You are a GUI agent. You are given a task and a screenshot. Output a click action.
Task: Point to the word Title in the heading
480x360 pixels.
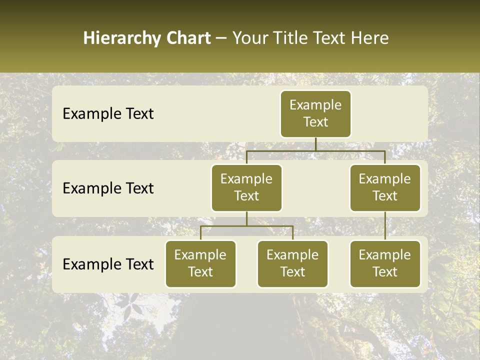coord(289,38)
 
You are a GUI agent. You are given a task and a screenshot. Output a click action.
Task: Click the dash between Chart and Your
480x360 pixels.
coord(221,39)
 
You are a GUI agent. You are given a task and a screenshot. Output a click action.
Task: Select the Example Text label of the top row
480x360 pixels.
coord(108,114)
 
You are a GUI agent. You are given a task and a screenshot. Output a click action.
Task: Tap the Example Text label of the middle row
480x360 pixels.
coord(108,188)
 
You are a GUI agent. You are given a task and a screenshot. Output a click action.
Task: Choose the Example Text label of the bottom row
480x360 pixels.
coord(108,264)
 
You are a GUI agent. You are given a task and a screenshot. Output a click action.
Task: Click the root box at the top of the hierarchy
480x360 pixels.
coord(315,113)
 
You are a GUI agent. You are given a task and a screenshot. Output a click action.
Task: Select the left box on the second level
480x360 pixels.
coord(246,188)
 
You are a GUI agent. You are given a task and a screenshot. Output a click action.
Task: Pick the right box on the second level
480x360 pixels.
coord(385,188)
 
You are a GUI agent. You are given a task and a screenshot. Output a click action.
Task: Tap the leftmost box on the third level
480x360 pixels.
coord(200,264)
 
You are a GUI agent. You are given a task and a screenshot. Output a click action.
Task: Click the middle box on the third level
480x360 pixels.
coord(292,264)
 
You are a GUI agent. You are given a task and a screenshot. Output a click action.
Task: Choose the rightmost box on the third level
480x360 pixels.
coord(385,264)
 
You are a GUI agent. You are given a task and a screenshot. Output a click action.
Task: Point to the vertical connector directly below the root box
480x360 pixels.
coord(315,144)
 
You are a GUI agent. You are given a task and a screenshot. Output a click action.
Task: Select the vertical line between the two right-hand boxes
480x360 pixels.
coord(385,226)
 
